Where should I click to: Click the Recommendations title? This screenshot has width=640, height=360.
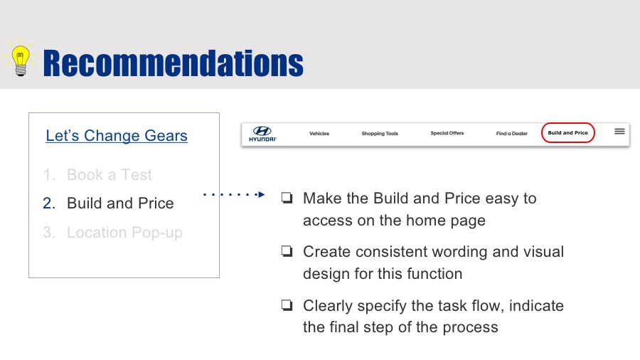173,63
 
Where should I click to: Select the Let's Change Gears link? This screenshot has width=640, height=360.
117,135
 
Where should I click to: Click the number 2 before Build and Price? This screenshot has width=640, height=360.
49,203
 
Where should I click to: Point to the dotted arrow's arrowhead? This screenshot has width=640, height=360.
262,194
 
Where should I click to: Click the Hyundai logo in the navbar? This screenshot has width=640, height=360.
262,134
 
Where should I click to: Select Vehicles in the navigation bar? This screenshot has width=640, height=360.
319,134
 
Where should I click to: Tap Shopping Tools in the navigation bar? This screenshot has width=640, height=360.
380,134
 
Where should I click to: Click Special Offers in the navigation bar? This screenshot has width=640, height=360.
447,133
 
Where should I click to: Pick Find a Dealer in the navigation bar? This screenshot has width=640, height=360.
512,134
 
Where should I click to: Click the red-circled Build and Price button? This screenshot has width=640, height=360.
567,132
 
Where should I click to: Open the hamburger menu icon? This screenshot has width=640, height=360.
619,131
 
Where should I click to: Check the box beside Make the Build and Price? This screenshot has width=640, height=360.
287,198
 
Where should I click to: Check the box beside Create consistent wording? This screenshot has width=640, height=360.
287,251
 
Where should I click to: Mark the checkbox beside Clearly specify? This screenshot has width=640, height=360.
287,305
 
